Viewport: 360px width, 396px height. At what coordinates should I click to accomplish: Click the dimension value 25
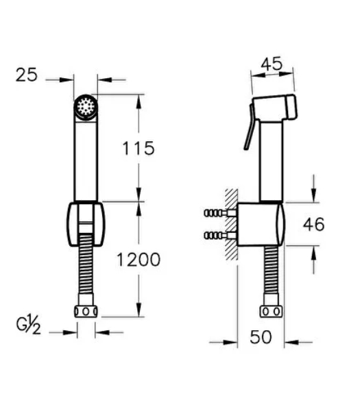point(26,75)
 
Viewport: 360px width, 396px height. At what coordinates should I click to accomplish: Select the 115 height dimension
point(139,148)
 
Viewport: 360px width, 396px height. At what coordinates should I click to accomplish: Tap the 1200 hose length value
point(139,260)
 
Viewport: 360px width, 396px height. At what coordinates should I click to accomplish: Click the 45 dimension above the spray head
point(272,64)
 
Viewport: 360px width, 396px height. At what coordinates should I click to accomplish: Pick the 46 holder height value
point(314,224)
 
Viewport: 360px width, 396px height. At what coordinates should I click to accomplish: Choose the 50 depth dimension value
point(261,336)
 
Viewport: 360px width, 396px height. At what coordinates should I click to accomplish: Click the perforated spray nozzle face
point(86,107)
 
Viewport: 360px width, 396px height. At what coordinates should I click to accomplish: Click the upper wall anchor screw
point(220,213)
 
